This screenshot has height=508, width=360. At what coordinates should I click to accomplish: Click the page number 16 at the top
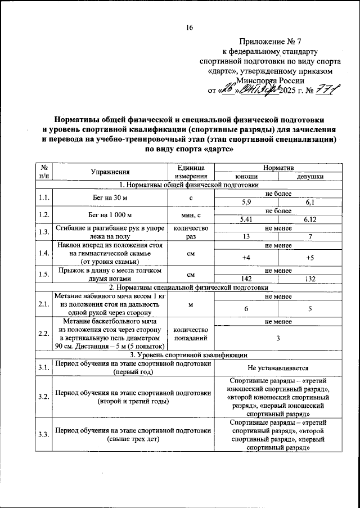tap(190, 29)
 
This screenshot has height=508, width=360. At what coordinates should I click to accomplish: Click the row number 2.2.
tap(43, 334)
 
